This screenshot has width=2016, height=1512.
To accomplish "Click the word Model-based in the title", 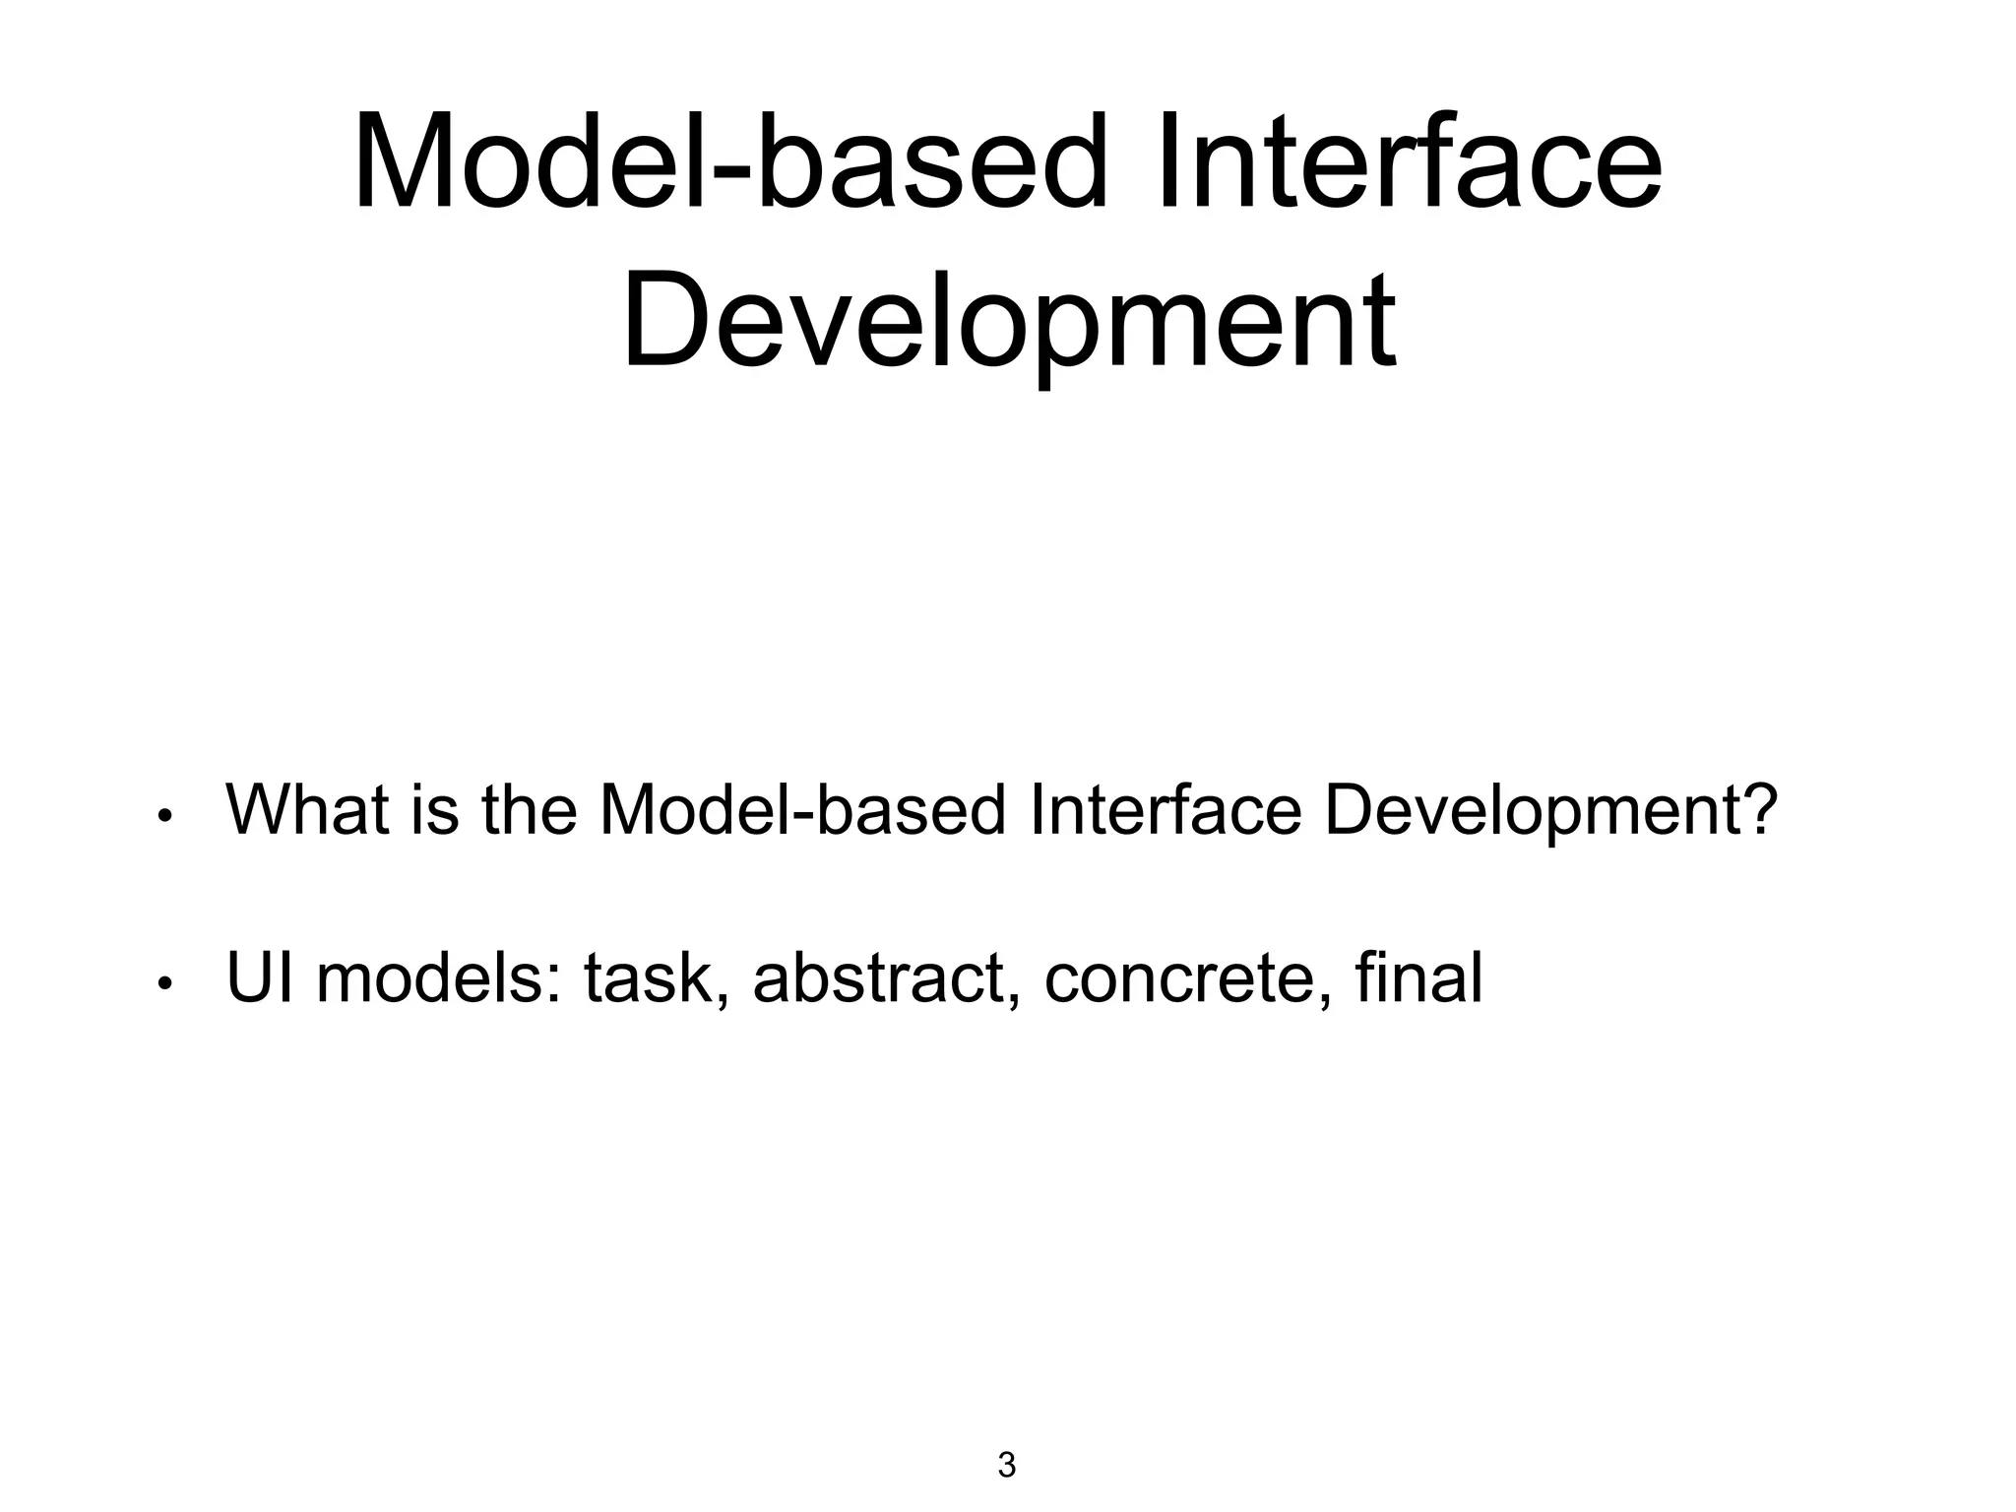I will coord(728,162).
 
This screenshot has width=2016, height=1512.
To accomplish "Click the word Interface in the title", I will coord(1409,162).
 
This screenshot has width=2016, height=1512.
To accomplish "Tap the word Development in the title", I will coord(1008,320).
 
